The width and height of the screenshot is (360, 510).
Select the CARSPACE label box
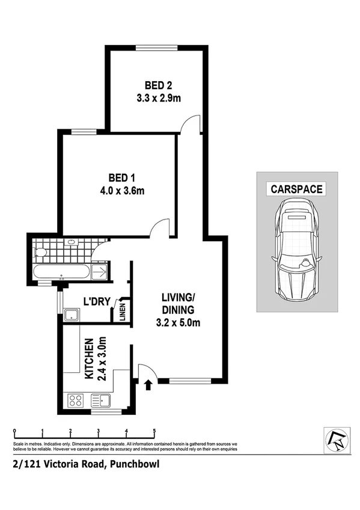(296, 188)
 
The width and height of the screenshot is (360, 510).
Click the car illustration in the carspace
(296, 248)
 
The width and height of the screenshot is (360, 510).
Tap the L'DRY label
(95, 301)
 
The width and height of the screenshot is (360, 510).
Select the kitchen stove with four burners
(76, 401)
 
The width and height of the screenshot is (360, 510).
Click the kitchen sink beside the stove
(100, 400)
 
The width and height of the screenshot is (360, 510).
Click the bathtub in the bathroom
(60, 272)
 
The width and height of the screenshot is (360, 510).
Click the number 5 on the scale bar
(154, 431)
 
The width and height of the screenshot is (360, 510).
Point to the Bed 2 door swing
(191, 123)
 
